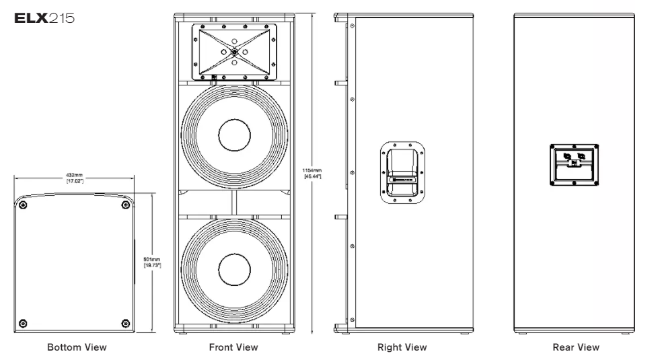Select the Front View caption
pos(234,347)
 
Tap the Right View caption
pos(403,347)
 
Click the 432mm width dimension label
pos(75,178)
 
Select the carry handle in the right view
pos(403,172)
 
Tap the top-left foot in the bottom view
pos(24,205)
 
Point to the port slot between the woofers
pos(234,201)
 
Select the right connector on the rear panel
pos(583,154)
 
